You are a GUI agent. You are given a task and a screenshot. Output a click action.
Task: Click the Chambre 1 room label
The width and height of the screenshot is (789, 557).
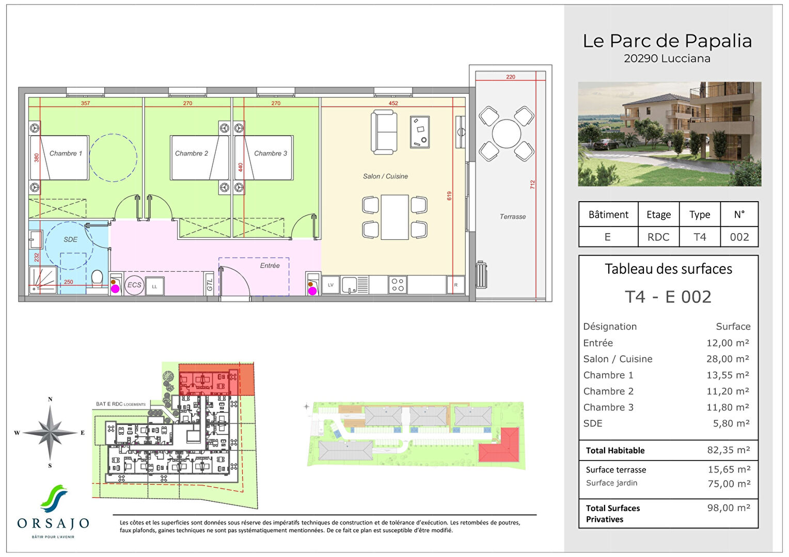click(66, 153)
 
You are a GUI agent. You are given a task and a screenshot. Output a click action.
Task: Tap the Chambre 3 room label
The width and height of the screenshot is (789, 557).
click(270, 153)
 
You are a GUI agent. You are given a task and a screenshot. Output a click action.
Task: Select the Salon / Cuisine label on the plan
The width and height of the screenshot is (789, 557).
click(385, 176)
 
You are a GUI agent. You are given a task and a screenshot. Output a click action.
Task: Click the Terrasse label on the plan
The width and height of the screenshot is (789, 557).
click(512, 217)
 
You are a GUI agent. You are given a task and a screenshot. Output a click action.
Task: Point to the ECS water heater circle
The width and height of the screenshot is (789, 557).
click(134, 285)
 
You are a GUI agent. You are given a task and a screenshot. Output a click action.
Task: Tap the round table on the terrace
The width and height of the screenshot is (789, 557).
click(507, 134)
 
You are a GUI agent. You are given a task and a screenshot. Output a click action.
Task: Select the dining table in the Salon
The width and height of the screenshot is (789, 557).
click(395, 217)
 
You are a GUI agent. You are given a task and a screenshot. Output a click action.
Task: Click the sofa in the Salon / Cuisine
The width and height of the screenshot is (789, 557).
click(384, 132)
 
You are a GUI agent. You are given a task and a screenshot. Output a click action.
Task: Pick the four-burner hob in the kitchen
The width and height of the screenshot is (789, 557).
click(398, 285)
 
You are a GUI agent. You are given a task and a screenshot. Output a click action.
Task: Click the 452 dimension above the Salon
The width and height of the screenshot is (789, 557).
click(393, 103)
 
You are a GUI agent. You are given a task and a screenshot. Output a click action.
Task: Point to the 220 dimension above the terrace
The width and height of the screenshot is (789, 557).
click(510, 77)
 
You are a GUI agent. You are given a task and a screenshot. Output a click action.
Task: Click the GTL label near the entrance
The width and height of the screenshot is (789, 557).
click(210, 284)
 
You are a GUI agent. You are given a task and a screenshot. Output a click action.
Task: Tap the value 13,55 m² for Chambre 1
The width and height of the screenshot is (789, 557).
click(728, 375)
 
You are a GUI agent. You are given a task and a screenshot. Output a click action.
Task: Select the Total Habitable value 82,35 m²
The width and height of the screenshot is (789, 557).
click(728, 450)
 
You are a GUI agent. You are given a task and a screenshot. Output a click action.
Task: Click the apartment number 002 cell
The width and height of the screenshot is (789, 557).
click(739, 237)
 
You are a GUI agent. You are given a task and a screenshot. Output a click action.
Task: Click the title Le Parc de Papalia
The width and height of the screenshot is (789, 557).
click(667, 41)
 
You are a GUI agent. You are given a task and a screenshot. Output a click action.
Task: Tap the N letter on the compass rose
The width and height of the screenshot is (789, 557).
click(50, 399)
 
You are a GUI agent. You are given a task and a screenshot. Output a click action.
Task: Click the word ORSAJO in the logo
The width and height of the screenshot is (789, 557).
click(53, 523)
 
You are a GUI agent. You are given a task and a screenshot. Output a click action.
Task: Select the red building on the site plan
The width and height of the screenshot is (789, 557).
click(499, 447)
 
